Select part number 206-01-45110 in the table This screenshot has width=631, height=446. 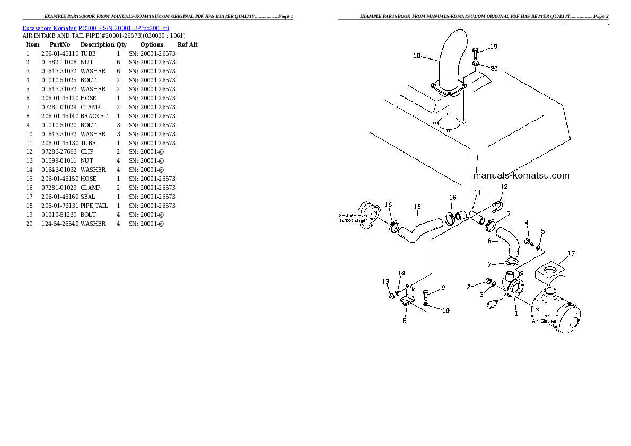pos(59,53)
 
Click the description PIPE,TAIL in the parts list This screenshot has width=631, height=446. pos(94,206)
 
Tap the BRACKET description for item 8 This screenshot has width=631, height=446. pos(94,116)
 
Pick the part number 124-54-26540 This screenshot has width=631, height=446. pos(59,224)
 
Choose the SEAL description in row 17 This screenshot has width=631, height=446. pos(88,197)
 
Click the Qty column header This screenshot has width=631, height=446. pos(121,45)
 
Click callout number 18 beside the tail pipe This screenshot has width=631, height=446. pos(416,56)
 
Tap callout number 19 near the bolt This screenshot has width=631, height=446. pos(494,47)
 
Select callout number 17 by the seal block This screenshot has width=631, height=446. pos(571,254)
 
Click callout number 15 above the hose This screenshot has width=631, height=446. pos(417,207)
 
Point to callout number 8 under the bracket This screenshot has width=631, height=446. pos(405,320)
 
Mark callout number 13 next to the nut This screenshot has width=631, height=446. pos(385,281)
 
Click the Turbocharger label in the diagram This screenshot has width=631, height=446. pos(353,220)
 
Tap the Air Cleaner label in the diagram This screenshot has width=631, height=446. pos(544,321)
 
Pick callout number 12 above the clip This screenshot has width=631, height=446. pos(504,186)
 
